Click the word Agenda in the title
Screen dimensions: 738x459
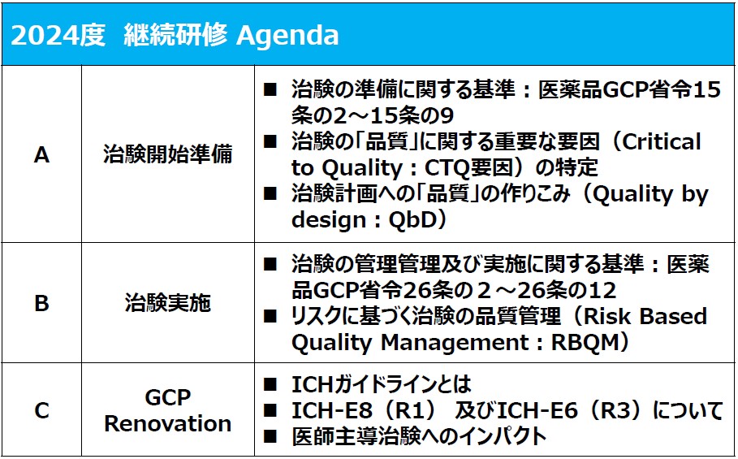click(287, 36)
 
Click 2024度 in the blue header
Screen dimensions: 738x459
click(58, 35)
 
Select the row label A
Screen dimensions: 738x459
click(42, 154)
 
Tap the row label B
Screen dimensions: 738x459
click(42, 303)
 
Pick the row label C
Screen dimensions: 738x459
click(42, 410)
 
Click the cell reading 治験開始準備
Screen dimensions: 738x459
click(167, 154)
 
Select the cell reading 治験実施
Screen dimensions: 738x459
click(167, 303)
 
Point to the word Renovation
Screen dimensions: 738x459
click(167, 423)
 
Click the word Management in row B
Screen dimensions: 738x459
click(455, 343)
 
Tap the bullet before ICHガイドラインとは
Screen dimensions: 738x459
click(270, 384)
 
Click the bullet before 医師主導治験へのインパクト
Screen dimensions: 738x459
click(270, 436)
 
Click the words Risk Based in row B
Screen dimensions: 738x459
click(645, 316)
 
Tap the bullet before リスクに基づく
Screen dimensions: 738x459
click(270, 316)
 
